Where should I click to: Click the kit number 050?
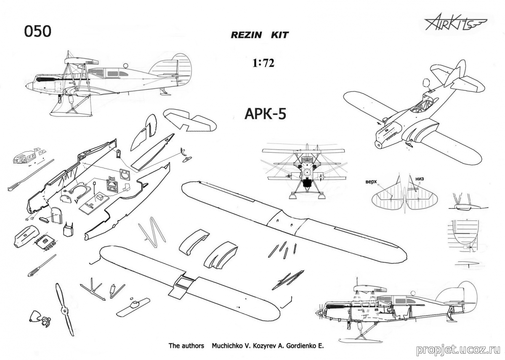coord(38,32)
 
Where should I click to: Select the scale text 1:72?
coord(263,64)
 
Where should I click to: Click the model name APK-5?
coord(265,114)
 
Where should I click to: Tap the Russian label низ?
coord(420,179)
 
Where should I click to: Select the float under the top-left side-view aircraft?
coord(69,109)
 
